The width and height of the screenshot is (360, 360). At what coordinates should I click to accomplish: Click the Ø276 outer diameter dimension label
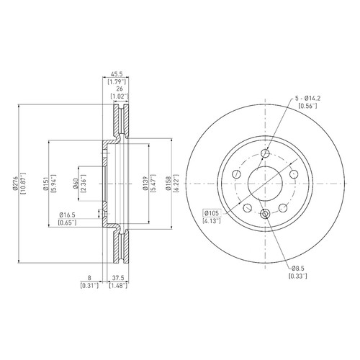pyautogui.click(x=16, y=184)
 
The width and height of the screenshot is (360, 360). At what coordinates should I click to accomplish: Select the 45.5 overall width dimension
pyautogui.click(x=116, y=74)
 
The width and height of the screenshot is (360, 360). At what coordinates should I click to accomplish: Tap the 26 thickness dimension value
pyautogui.click(x=120, y=89)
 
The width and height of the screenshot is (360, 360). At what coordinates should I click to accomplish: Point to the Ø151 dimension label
pyautogui.click(x=46, y=184)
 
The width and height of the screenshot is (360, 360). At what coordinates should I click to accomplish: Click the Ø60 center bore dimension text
pyautogui.click(x=76, y=184)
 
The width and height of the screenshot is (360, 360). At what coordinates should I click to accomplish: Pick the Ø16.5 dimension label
pyautogui.click(x=68, y=215)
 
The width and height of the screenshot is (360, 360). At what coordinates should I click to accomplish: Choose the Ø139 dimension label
pyautogui.click(x=145, y=184)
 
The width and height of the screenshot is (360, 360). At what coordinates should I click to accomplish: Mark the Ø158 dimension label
pyautogui.click(x=168, y=184)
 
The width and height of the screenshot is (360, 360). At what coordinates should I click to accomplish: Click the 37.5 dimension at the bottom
pyautogui.click(x=118, y=278)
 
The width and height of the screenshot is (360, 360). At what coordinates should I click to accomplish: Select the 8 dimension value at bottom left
pyautogui.click(x=89, y=278)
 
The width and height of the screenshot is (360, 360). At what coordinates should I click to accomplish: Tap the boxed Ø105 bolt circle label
pyautogui.click(x=212, y=213)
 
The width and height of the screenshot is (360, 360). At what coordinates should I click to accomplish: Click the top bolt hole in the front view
pyautogui.click(x=265, y=153)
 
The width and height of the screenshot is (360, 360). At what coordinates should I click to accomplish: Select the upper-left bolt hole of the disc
pyautogui.click(x=236, y=174)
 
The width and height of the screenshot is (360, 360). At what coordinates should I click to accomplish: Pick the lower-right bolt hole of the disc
pyautogui.click(x=283, y=208)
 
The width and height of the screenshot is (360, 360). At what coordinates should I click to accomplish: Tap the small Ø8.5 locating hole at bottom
pyautogui.click(x=265, y=213)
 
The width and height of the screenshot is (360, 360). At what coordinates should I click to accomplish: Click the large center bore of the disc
pyautogui.click(x=265, y=184)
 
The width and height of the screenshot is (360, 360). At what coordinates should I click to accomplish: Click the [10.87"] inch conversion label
pyautogui.click(x=23, y=184)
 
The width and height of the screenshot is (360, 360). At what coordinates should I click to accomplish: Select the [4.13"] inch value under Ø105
pyautogui.click(x=212, y=220)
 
